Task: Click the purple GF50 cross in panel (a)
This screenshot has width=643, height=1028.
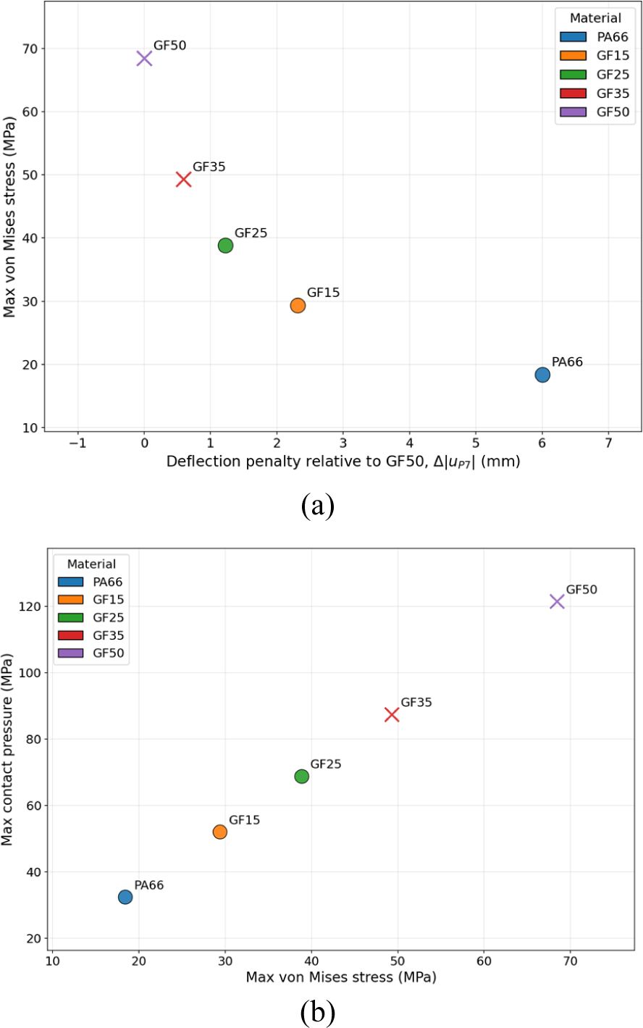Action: [144, 58]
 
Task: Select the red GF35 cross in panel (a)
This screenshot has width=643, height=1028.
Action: [184, 179]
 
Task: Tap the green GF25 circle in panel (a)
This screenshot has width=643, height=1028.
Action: [225, 246]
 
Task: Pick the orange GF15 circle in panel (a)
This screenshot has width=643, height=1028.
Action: [298, 306]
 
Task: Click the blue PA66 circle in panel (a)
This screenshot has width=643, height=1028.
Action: [542, 375]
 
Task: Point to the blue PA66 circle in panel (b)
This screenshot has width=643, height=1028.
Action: [125, 897]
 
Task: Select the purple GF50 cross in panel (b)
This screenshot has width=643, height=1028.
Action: [557, 601]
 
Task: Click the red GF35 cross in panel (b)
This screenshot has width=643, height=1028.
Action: [392, 714]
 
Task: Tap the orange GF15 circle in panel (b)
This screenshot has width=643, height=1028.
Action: [220, 832]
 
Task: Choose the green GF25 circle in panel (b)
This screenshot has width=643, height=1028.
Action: [302, 777]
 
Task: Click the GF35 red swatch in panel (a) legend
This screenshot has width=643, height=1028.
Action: [573, 93]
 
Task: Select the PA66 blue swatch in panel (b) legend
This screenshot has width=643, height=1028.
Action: [70, 582]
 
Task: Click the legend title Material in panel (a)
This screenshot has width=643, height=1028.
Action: [595, 18]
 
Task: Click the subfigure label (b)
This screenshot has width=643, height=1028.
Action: [318, 1011]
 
